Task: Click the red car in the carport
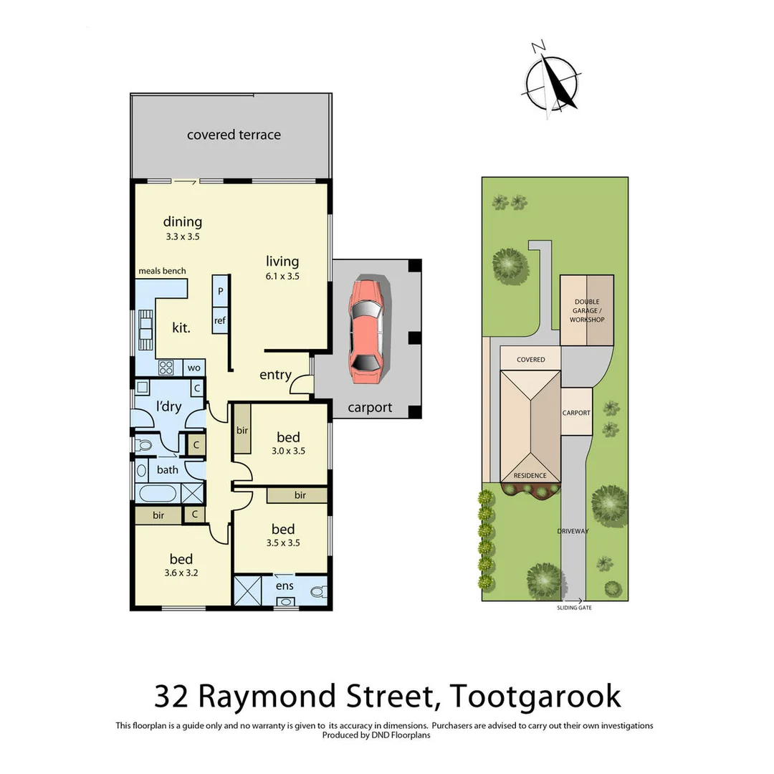(x=366, y=331)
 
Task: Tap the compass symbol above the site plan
(x=551, y=82)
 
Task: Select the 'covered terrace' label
(x=234, y=135)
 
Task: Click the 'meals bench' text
(x=162, y=271)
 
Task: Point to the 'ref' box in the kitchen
(x=220, y=320)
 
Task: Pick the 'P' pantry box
(x=220, y=292)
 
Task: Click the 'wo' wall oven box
(x=193, y=368)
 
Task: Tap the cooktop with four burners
(x=166, y=368)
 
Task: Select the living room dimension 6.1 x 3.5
(x=282, y=275)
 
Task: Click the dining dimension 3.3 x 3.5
(x=182, y=236)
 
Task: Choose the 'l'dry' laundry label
(x=169, y=407)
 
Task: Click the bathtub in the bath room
(x=157, y=493)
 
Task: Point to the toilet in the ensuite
(x=319, y=591)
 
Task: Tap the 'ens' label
(x=285, y=585)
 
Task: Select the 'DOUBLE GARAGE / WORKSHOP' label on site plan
(x=587, y=311)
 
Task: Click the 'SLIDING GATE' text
(x=575, y=608)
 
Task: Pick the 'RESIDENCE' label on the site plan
(x=530, y=475)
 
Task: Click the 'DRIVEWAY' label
(x=573, y=531)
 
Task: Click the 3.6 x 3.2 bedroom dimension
(x=181, y=573)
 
